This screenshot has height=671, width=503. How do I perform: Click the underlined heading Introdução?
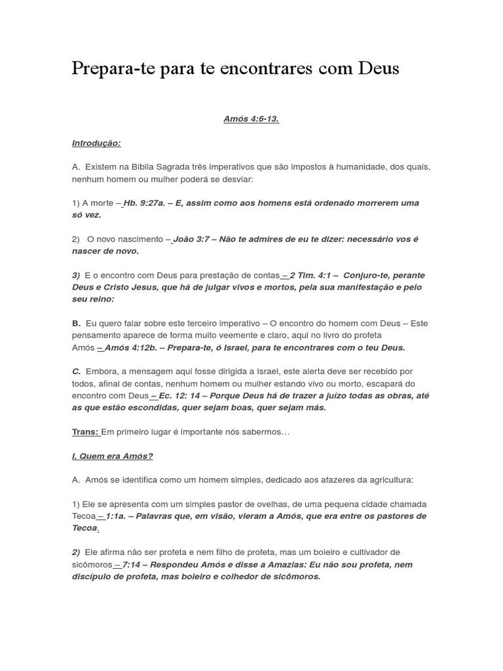pos(96,143)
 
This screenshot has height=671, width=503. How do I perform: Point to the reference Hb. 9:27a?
pos(143,203)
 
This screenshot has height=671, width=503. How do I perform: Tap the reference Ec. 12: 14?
pos(177,396)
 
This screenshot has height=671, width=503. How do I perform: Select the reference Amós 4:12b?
pos(127,347)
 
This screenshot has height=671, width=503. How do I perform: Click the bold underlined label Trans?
pos(85,432)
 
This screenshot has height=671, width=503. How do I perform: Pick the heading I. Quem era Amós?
pos(112,456)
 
